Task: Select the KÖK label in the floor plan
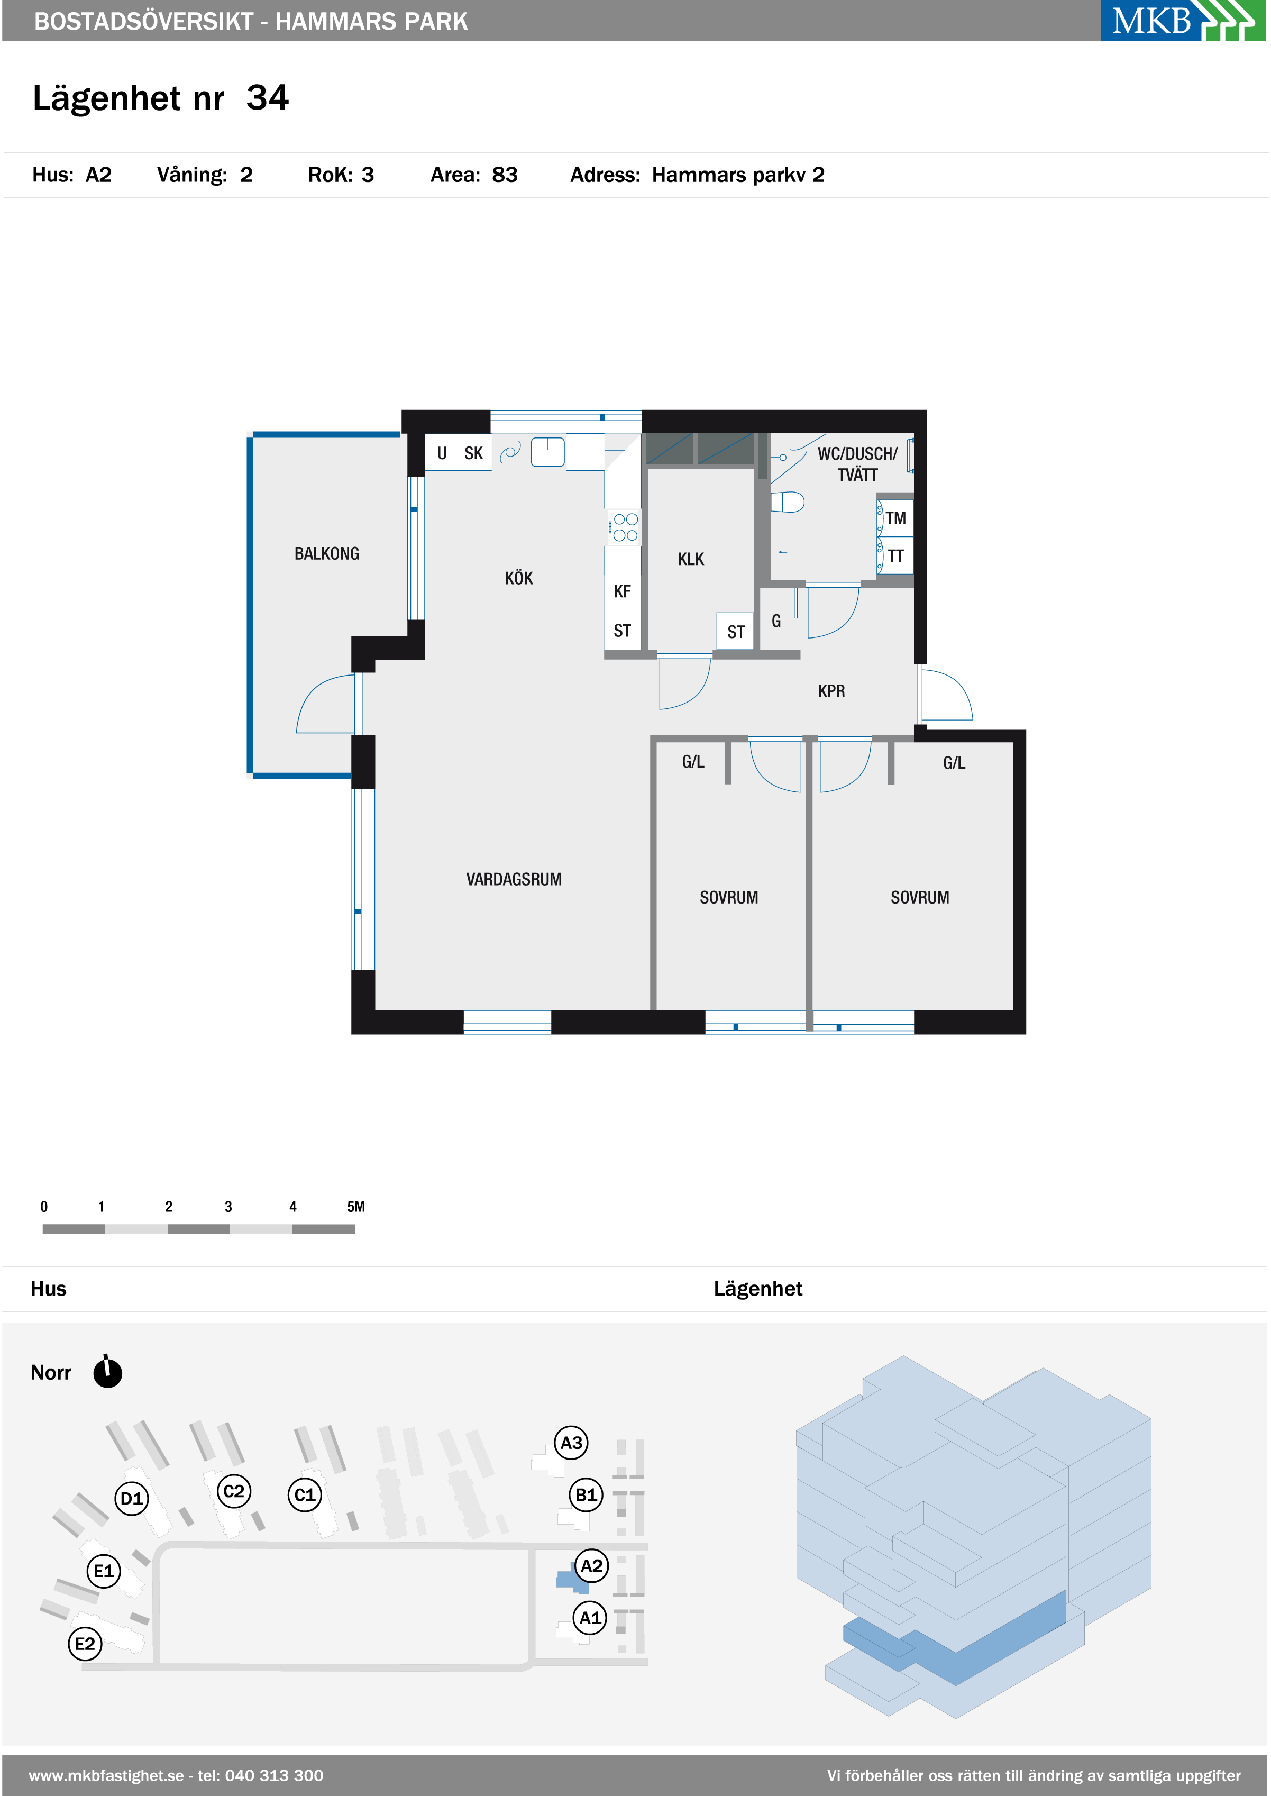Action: click(x=518, y=578)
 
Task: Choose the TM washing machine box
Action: click(x=895, y=517)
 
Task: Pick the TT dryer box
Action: click(x=895, y=555)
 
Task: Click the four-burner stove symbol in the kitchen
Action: click(x=625, y=527)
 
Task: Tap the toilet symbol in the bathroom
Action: click(x=788, y=502)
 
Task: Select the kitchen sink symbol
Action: click(x=548, y=452)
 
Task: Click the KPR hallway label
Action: click(x=831, y=691)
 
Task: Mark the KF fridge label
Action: click(x=622, y=591)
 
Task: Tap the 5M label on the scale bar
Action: click(x=356, y=1206)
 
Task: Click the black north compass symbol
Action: click(x=107, y=1373)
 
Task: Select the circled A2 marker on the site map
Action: click(x=592, y=1566)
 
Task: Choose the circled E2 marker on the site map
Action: click(x=85, y=1644)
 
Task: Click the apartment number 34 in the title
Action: click(x=268, y=98)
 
